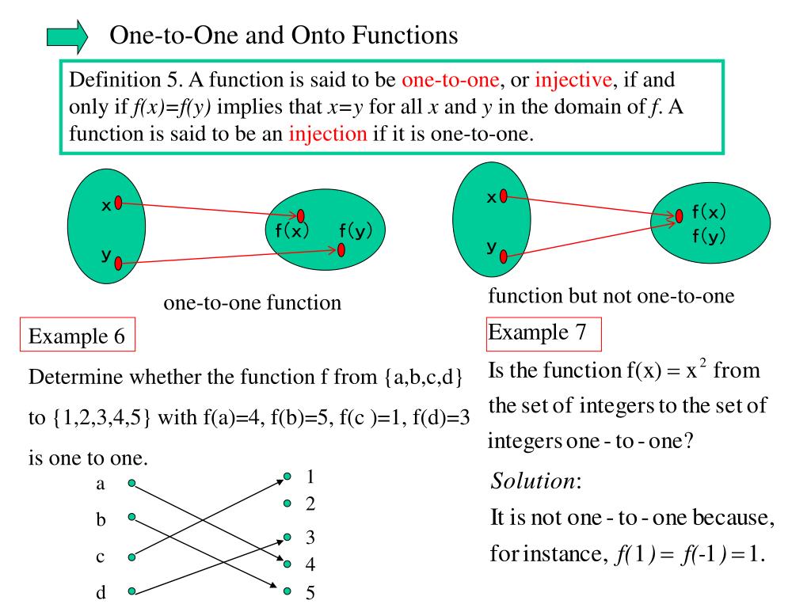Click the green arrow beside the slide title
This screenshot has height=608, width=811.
[67, 37]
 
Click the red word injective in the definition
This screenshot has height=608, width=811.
[574, 80]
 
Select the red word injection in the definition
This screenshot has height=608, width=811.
[328, 133]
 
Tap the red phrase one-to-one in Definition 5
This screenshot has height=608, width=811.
[450, 80]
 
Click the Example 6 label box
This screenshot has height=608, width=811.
[77, 336]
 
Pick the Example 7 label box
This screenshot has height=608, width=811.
[544, 332]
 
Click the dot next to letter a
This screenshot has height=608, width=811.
[131, 482]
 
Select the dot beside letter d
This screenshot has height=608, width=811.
[131, 591]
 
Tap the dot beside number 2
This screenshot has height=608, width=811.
[287, 503]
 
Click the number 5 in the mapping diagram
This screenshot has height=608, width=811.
[310, 592]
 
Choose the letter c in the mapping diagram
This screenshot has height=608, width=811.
[101, 557]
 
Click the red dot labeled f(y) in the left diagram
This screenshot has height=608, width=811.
[341, 250]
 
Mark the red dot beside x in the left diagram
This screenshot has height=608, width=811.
[118, 203]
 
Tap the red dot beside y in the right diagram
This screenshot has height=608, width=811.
[503, 255]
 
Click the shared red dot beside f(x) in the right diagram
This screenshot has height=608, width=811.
[680, 215]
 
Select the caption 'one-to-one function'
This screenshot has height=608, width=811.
[252, 302]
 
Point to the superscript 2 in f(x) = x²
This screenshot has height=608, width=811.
[702, 360]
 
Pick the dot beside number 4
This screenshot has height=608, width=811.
[287, 564]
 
